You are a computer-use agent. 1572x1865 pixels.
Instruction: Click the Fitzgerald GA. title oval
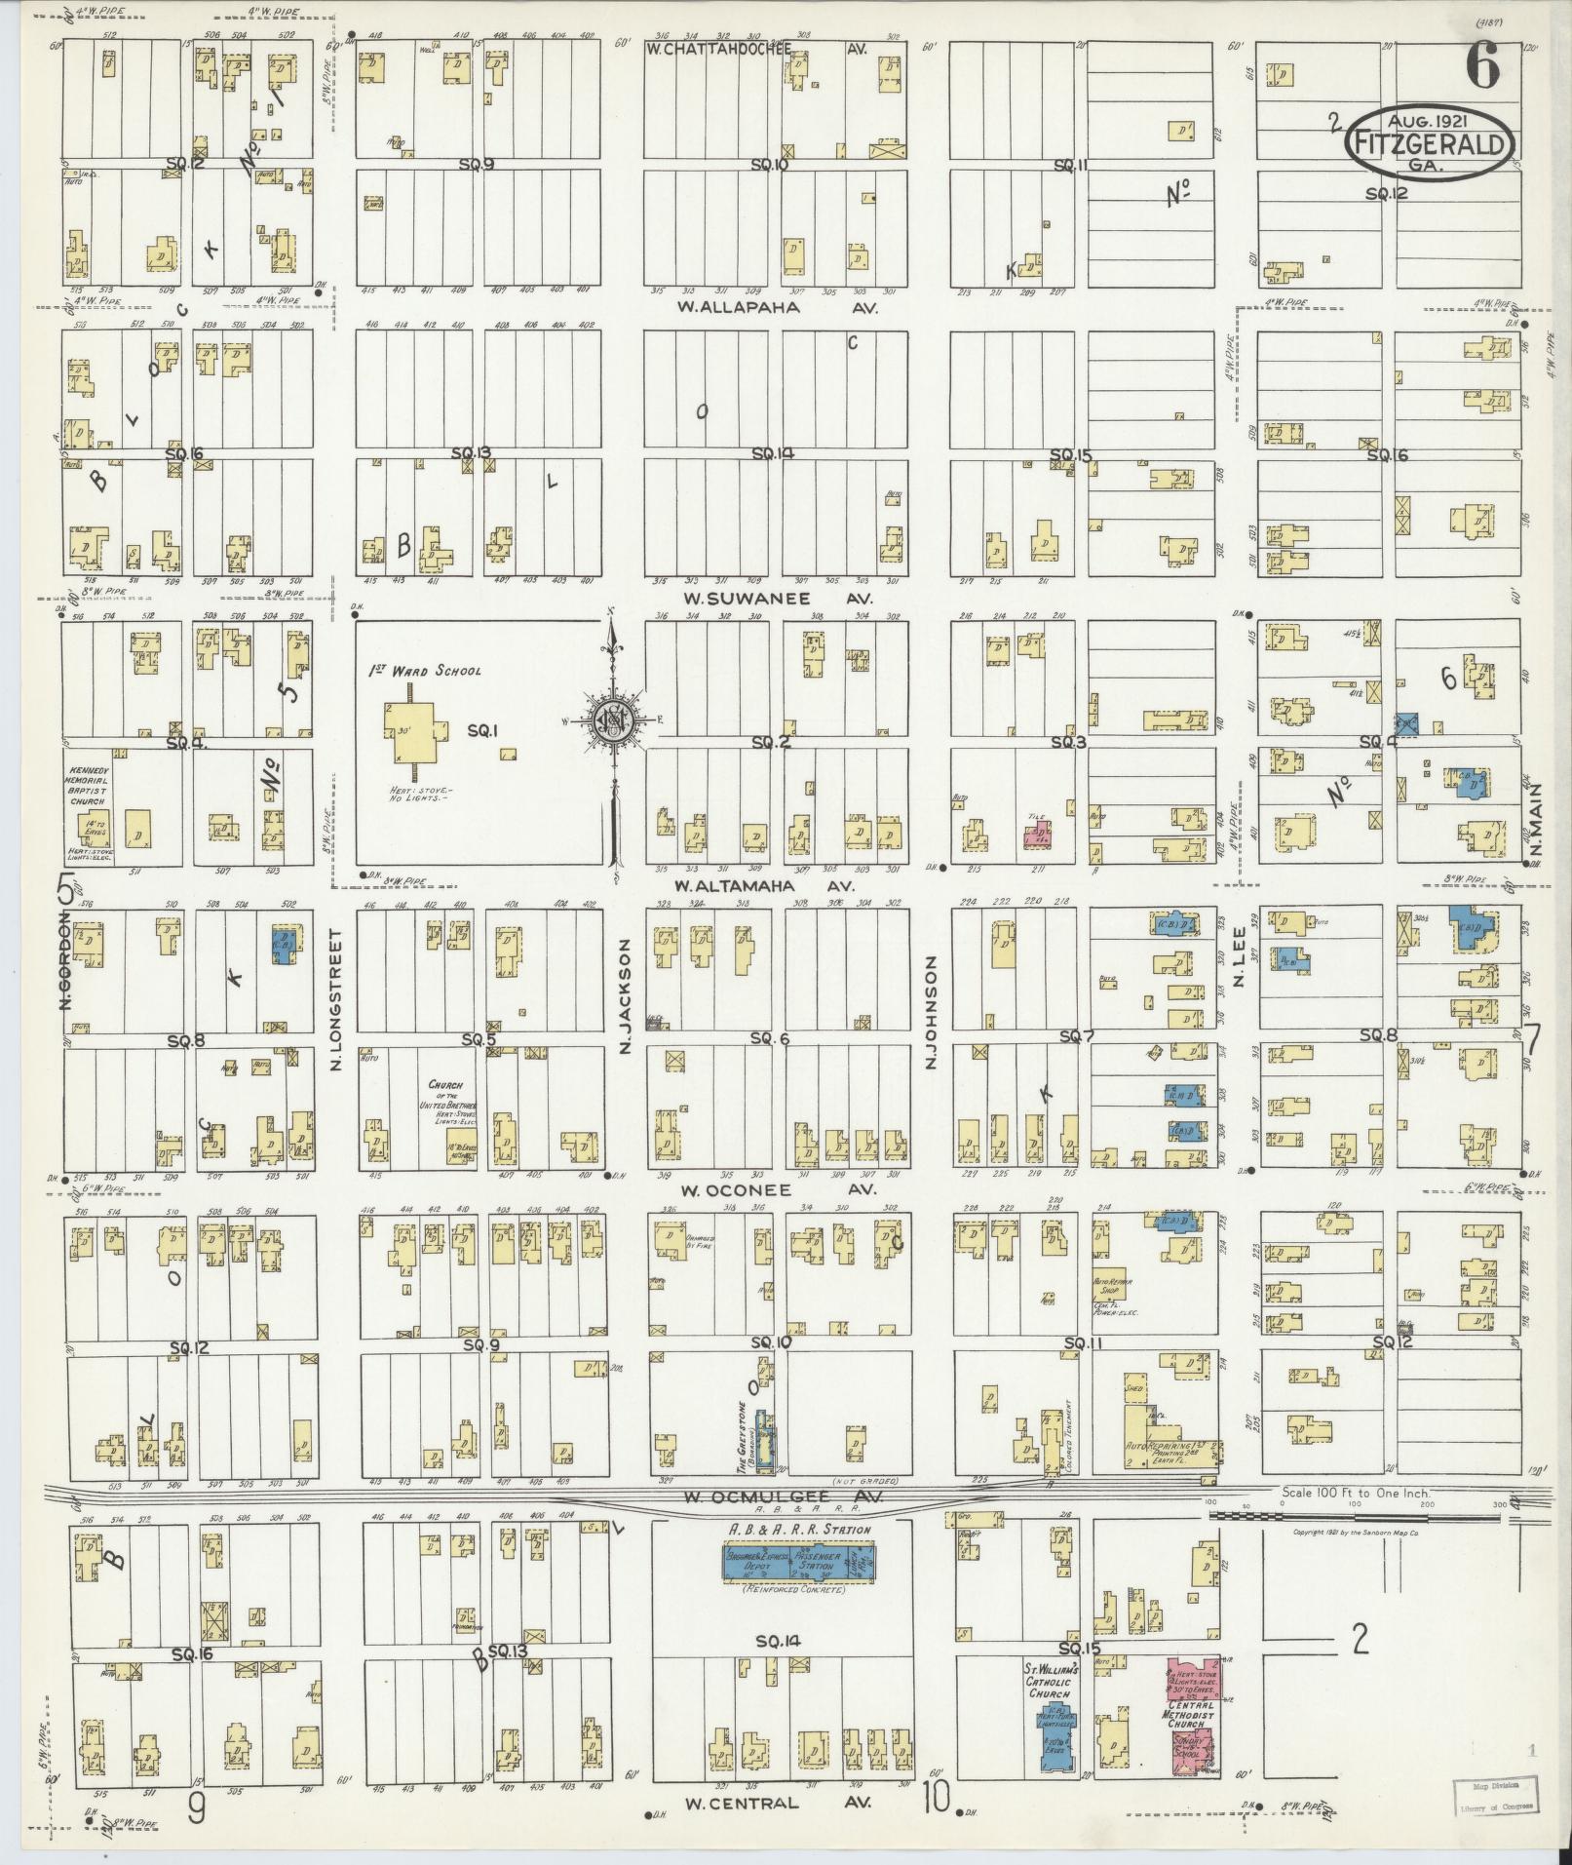(1430, 141)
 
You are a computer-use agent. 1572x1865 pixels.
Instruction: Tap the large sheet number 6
(1482, 67)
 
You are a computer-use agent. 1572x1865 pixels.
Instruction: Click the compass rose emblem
(613, 720)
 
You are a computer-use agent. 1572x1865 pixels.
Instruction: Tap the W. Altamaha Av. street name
(764, 886)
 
